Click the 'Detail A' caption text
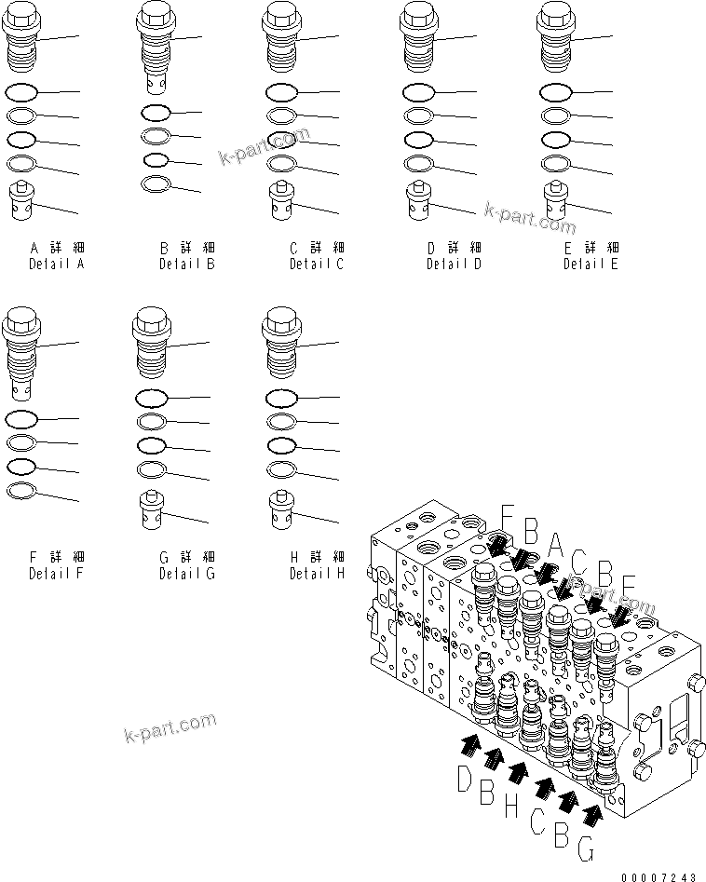tap(56, 264)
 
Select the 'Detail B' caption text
tap(186, 264)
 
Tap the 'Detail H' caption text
tap(317, 573)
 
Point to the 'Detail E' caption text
tap(591, 264)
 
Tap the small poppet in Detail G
tap(151, 509)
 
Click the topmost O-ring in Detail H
tap(281, 399)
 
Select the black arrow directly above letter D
tap(470, 742)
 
